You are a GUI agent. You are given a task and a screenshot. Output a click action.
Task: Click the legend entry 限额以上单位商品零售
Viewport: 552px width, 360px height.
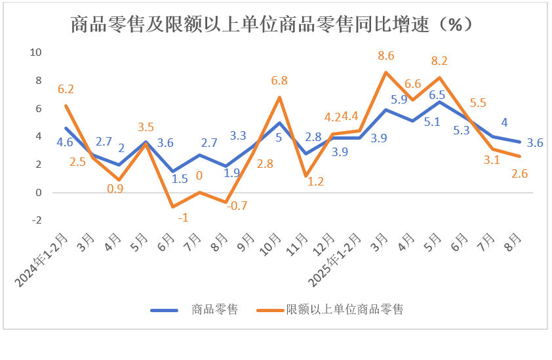click(344, 309)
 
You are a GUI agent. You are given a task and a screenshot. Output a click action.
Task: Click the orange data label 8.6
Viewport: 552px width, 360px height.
click(386, 56)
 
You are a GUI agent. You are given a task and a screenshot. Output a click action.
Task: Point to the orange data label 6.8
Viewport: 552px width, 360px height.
click(280, 81)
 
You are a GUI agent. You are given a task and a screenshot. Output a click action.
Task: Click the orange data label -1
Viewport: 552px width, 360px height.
click(172, 218)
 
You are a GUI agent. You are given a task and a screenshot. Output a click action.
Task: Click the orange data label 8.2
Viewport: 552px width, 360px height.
click(439, 61)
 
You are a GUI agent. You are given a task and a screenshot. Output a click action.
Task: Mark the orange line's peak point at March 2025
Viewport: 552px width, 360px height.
click(386, 72)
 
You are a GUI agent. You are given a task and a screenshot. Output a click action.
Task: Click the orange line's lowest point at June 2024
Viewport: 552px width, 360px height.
click(172, 207)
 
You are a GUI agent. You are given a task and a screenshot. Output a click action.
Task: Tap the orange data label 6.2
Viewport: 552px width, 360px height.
click(66, 89)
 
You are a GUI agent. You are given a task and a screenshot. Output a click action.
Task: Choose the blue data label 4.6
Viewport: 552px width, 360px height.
click(64, 142)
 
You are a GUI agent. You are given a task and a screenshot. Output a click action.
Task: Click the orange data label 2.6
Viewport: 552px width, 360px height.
click(520, 174)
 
